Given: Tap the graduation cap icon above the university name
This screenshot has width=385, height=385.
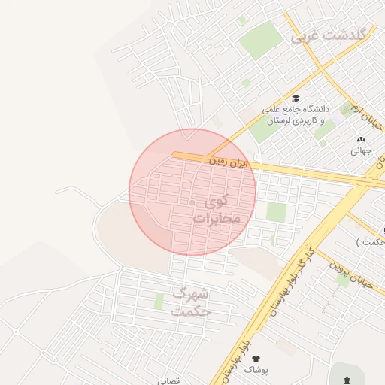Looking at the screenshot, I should [296, 99].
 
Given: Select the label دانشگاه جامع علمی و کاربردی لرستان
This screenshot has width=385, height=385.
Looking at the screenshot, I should [294, 115].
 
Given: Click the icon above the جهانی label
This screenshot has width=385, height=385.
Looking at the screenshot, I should [362, 139].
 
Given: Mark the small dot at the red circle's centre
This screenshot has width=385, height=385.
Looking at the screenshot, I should [192, 203].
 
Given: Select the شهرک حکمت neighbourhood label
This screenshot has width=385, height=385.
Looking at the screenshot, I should [191, 301].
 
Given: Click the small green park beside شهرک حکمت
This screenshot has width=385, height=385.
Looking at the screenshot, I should [159, 301].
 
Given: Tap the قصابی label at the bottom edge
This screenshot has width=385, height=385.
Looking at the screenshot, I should [168, 381].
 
